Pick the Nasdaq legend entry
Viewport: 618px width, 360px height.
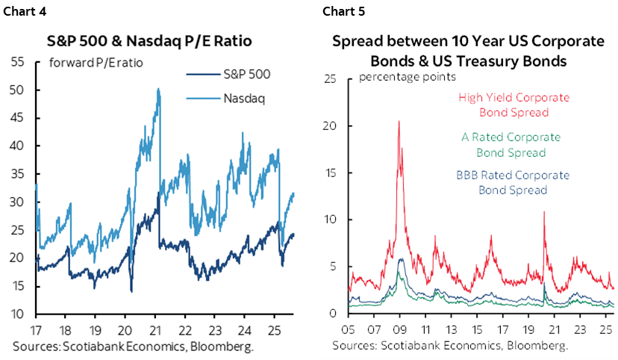point(244,98)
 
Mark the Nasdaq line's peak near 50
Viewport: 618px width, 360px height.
point(158,89)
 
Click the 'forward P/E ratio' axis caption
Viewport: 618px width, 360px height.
point(96,62)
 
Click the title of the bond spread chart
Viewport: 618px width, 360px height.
point(467,51)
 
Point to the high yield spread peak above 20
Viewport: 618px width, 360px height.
point(399,121)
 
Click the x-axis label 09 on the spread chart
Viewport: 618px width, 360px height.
point(400,329)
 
